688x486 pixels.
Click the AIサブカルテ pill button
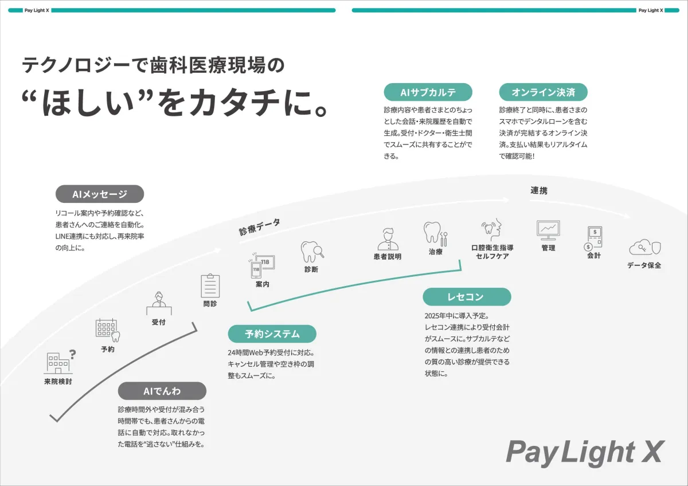click(x=428, y=92)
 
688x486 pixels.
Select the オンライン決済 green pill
click(x=544, y=92)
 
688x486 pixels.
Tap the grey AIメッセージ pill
click(x=100, y=194)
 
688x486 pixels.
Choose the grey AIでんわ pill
click(x=162, y=391)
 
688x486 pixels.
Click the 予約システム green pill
click(x=272, y=334)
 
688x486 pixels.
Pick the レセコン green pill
click(x=467, y=296)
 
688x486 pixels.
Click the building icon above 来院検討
click(x=60, y=362)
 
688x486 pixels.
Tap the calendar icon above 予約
click(x=108, y=330)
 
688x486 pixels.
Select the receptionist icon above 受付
click(x=159, y=303)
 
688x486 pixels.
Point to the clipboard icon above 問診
click(x=210, y=285)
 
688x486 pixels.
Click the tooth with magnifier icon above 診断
click(x=312, y=252)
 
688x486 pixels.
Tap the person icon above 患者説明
click(x=388, y=239)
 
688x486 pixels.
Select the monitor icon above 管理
click(x=548, y=230)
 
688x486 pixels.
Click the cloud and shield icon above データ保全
click(x=645, y=248)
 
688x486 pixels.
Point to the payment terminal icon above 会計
click(x=593, y=238)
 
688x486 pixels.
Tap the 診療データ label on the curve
click(x=260, y=227)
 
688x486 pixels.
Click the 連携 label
click(x=539, y=190)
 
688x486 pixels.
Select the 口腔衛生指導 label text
click(x=492, y=248)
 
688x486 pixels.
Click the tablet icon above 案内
click(x=261, y=265)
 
